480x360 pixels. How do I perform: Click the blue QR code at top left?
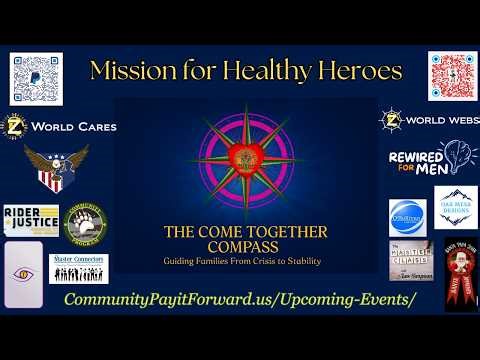(36, 78)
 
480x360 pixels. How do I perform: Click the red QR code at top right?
(449, 76)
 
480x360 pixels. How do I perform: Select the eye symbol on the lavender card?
(23, 273)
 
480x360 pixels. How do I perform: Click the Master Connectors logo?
(79, 268)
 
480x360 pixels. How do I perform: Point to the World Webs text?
(433, 121)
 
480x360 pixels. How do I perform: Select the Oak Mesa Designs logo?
(455, 207)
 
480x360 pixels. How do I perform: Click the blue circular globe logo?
(407, 217)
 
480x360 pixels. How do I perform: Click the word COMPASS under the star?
(245, 247)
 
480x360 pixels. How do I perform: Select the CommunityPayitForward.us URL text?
(239, 301)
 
